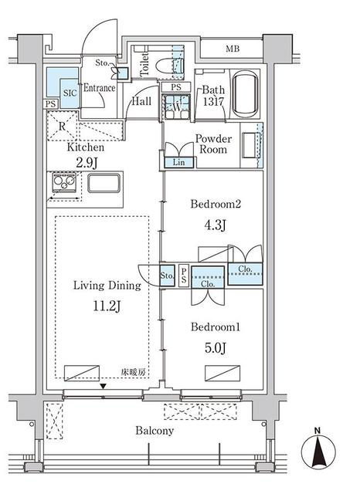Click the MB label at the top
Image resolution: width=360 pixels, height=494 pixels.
coord(233,49)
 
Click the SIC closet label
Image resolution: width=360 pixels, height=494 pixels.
coord(70,93)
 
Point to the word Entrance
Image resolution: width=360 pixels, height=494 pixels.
coord(100,88)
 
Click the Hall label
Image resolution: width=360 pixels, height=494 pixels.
coord(141,101)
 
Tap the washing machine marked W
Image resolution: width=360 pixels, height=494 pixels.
coord(177,107)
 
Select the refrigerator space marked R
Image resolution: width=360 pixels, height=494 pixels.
coord(63,126)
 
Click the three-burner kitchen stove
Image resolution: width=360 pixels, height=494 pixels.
coord(64,182)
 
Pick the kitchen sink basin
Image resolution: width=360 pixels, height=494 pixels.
coord(104,183)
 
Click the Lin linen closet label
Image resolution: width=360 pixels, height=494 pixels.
coord(178,163)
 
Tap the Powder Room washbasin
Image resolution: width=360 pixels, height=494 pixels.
coord(251,145)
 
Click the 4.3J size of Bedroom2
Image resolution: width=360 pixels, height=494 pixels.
coord(216,225)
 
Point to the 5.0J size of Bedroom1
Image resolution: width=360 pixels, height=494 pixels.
coord(216,348)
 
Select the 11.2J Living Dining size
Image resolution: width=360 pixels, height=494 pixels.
coord(107,306)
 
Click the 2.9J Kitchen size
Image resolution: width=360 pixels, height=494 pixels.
coord(86,163)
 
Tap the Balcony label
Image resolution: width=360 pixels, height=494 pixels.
coord(155,431)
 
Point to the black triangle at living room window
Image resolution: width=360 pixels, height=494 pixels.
coord(103,386)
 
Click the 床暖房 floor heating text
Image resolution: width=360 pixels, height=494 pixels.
coord(134,372)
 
